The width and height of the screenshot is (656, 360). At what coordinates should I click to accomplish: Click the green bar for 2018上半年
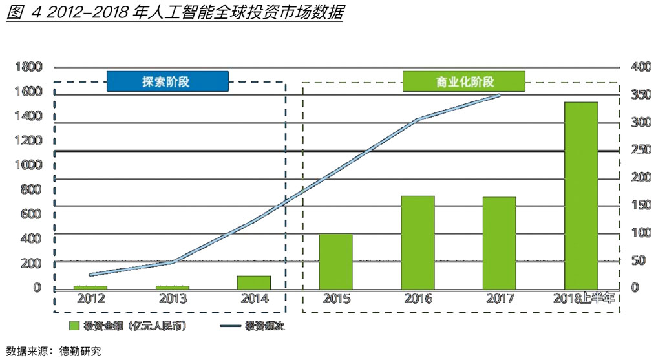point(580,195)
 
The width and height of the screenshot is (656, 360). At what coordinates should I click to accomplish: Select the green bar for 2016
point(418,242)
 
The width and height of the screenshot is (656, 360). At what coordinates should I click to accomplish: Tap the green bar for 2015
point(335,261)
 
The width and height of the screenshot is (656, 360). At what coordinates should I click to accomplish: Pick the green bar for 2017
point(499,242)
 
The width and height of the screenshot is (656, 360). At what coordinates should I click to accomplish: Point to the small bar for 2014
point(254,282)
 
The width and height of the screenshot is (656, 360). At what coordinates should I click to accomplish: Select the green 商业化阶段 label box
point(464,81)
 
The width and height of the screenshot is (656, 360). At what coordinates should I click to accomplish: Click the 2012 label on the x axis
point(90,299)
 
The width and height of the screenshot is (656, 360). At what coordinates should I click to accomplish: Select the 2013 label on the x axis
point(173,299)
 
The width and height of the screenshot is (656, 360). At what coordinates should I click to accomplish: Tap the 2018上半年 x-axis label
point(585,299)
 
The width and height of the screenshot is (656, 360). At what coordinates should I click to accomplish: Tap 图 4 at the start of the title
point(19,12)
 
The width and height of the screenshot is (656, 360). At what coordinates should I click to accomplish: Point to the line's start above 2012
point(90,275)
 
